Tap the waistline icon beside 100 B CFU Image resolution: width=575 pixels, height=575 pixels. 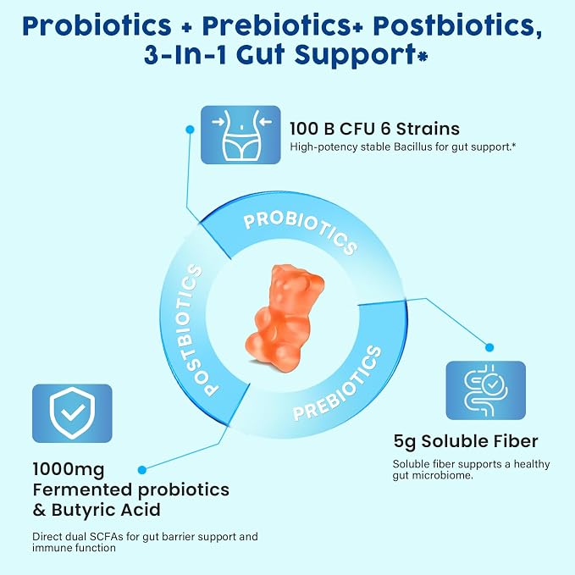pyautogui.click(x=241, y=135)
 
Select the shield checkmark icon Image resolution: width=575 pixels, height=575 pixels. pyautogui.click(x=72, y=413)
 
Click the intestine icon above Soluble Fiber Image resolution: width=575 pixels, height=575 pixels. pyautogui.click(x=485, y=390)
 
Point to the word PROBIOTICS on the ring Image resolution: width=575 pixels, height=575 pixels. pyautogui.click(x=300, y=232)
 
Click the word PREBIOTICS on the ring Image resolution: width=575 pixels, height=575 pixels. pyautogui.click(x=337, y=384)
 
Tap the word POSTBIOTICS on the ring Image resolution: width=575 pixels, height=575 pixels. pyautogui.click(x=191, y=331)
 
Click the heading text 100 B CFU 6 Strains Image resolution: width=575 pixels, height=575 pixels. pyautogui.click(x=374, y=129)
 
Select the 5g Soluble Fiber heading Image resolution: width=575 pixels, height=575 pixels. pyautogui.click(x=466, y=441)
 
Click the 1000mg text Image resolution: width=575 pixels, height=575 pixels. pyautogui.click(x=69, y=470)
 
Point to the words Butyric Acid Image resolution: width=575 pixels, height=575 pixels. pyautogui.click(x=106, y=510)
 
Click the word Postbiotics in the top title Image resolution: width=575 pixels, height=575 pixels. pyautogui.click(x=457, y=25)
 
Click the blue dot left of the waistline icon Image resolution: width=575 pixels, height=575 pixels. pyautogui.click(x=190, y=130)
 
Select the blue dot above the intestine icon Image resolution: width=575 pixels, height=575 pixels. pyautogui.click(x=489, y=347)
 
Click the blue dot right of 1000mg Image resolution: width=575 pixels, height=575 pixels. pyautogui.click(x=142, y=470)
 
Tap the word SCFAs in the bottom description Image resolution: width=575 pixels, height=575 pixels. pyautogui.click(x=107, y=537)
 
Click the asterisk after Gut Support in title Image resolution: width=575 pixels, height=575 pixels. pyautogui.click(x=423, y=58)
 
